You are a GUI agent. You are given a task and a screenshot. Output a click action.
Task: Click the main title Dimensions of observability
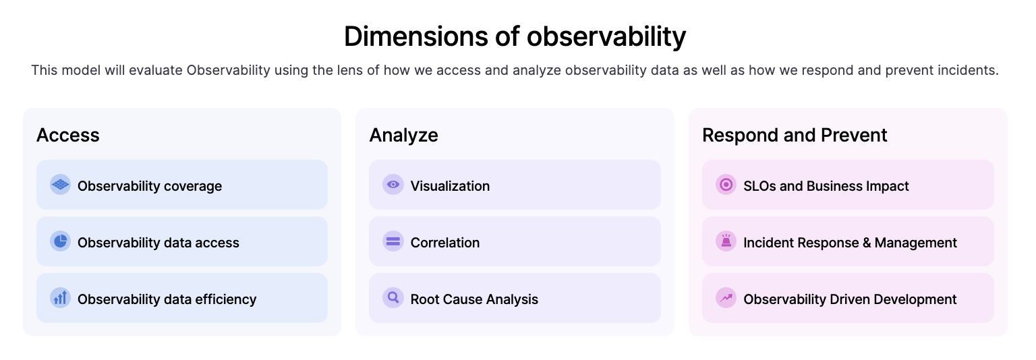(x=515, y=36)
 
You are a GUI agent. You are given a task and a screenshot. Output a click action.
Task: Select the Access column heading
(x=67, y=135)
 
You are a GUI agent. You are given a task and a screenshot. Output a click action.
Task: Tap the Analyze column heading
(x=403, y=135)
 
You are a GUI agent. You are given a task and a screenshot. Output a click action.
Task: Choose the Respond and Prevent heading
(x=795, y=135)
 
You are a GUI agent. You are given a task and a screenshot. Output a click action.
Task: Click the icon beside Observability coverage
(x=61, y=185)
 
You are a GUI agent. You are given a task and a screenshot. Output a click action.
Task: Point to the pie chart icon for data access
(x=61, y=241)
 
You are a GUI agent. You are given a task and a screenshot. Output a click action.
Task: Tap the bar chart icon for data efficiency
(x=61, y=298)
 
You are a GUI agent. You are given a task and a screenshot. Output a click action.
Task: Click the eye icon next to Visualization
(x=393, y=185)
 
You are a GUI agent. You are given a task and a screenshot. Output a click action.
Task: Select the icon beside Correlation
(x=393, y=241)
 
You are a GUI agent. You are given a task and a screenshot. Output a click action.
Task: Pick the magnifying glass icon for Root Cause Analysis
(x=393, y=298)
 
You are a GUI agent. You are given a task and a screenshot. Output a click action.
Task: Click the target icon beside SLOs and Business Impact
(x=726, y=185)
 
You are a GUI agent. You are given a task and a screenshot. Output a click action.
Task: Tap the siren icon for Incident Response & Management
(x=726, y=241)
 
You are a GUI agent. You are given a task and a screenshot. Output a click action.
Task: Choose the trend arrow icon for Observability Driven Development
(x=726, y=298)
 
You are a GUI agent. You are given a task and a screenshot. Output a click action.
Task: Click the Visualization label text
(x=450, y=186)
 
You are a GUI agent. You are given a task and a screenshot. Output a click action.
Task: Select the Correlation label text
(x=445, y=243)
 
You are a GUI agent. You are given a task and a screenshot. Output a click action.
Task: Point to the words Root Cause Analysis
(x=474, y=299)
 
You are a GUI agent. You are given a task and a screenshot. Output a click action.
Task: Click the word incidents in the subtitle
(x=969, y=70)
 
